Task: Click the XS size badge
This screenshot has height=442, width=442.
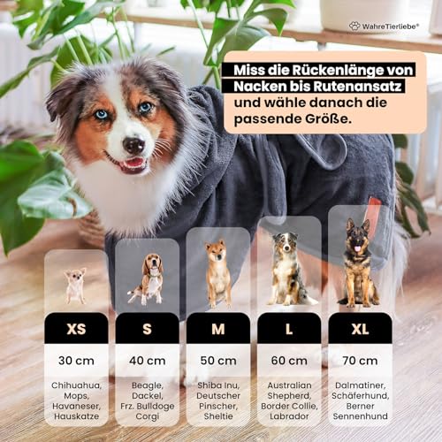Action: click(x=76, y=328)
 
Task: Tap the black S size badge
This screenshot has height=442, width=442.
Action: click(x=147, y=328)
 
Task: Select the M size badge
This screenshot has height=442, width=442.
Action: click(x=217, y=328)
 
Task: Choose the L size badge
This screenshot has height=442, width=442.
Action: click(x=289, y=328)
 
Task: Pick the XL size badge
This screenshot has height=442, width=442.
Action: click(x=360, y=328)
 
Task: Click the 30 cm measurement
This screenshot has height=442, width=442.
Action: click(x=76, y=361)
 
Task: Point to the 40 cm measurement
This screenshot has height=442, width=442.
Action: click(x=147, y=361)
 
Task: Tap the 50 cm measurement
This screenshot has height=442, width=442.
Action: click(x=217, y=361)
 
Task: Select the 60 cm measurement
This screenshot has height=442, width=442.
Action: click(x=289, y=361)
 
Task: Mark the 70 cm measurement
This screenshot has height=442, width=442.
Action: click(x=360, y=361)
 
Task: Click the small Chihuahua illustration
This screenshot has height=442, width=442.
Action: click(x=75, y=285)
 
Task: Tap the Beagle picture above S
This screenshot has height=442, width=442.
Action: click(x=146, y=278)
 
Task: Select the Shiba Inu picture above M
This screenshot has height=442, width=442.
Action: click(x=217, y=273)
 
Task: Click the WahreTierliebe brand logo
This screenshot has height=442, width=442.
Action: click(x=388, y=27)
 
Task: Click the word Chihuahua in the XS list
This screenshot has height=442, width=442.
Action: click(x=76, y=385)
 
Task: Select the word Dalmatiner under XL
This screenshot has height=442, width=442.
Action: click(x=360, y=385)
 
